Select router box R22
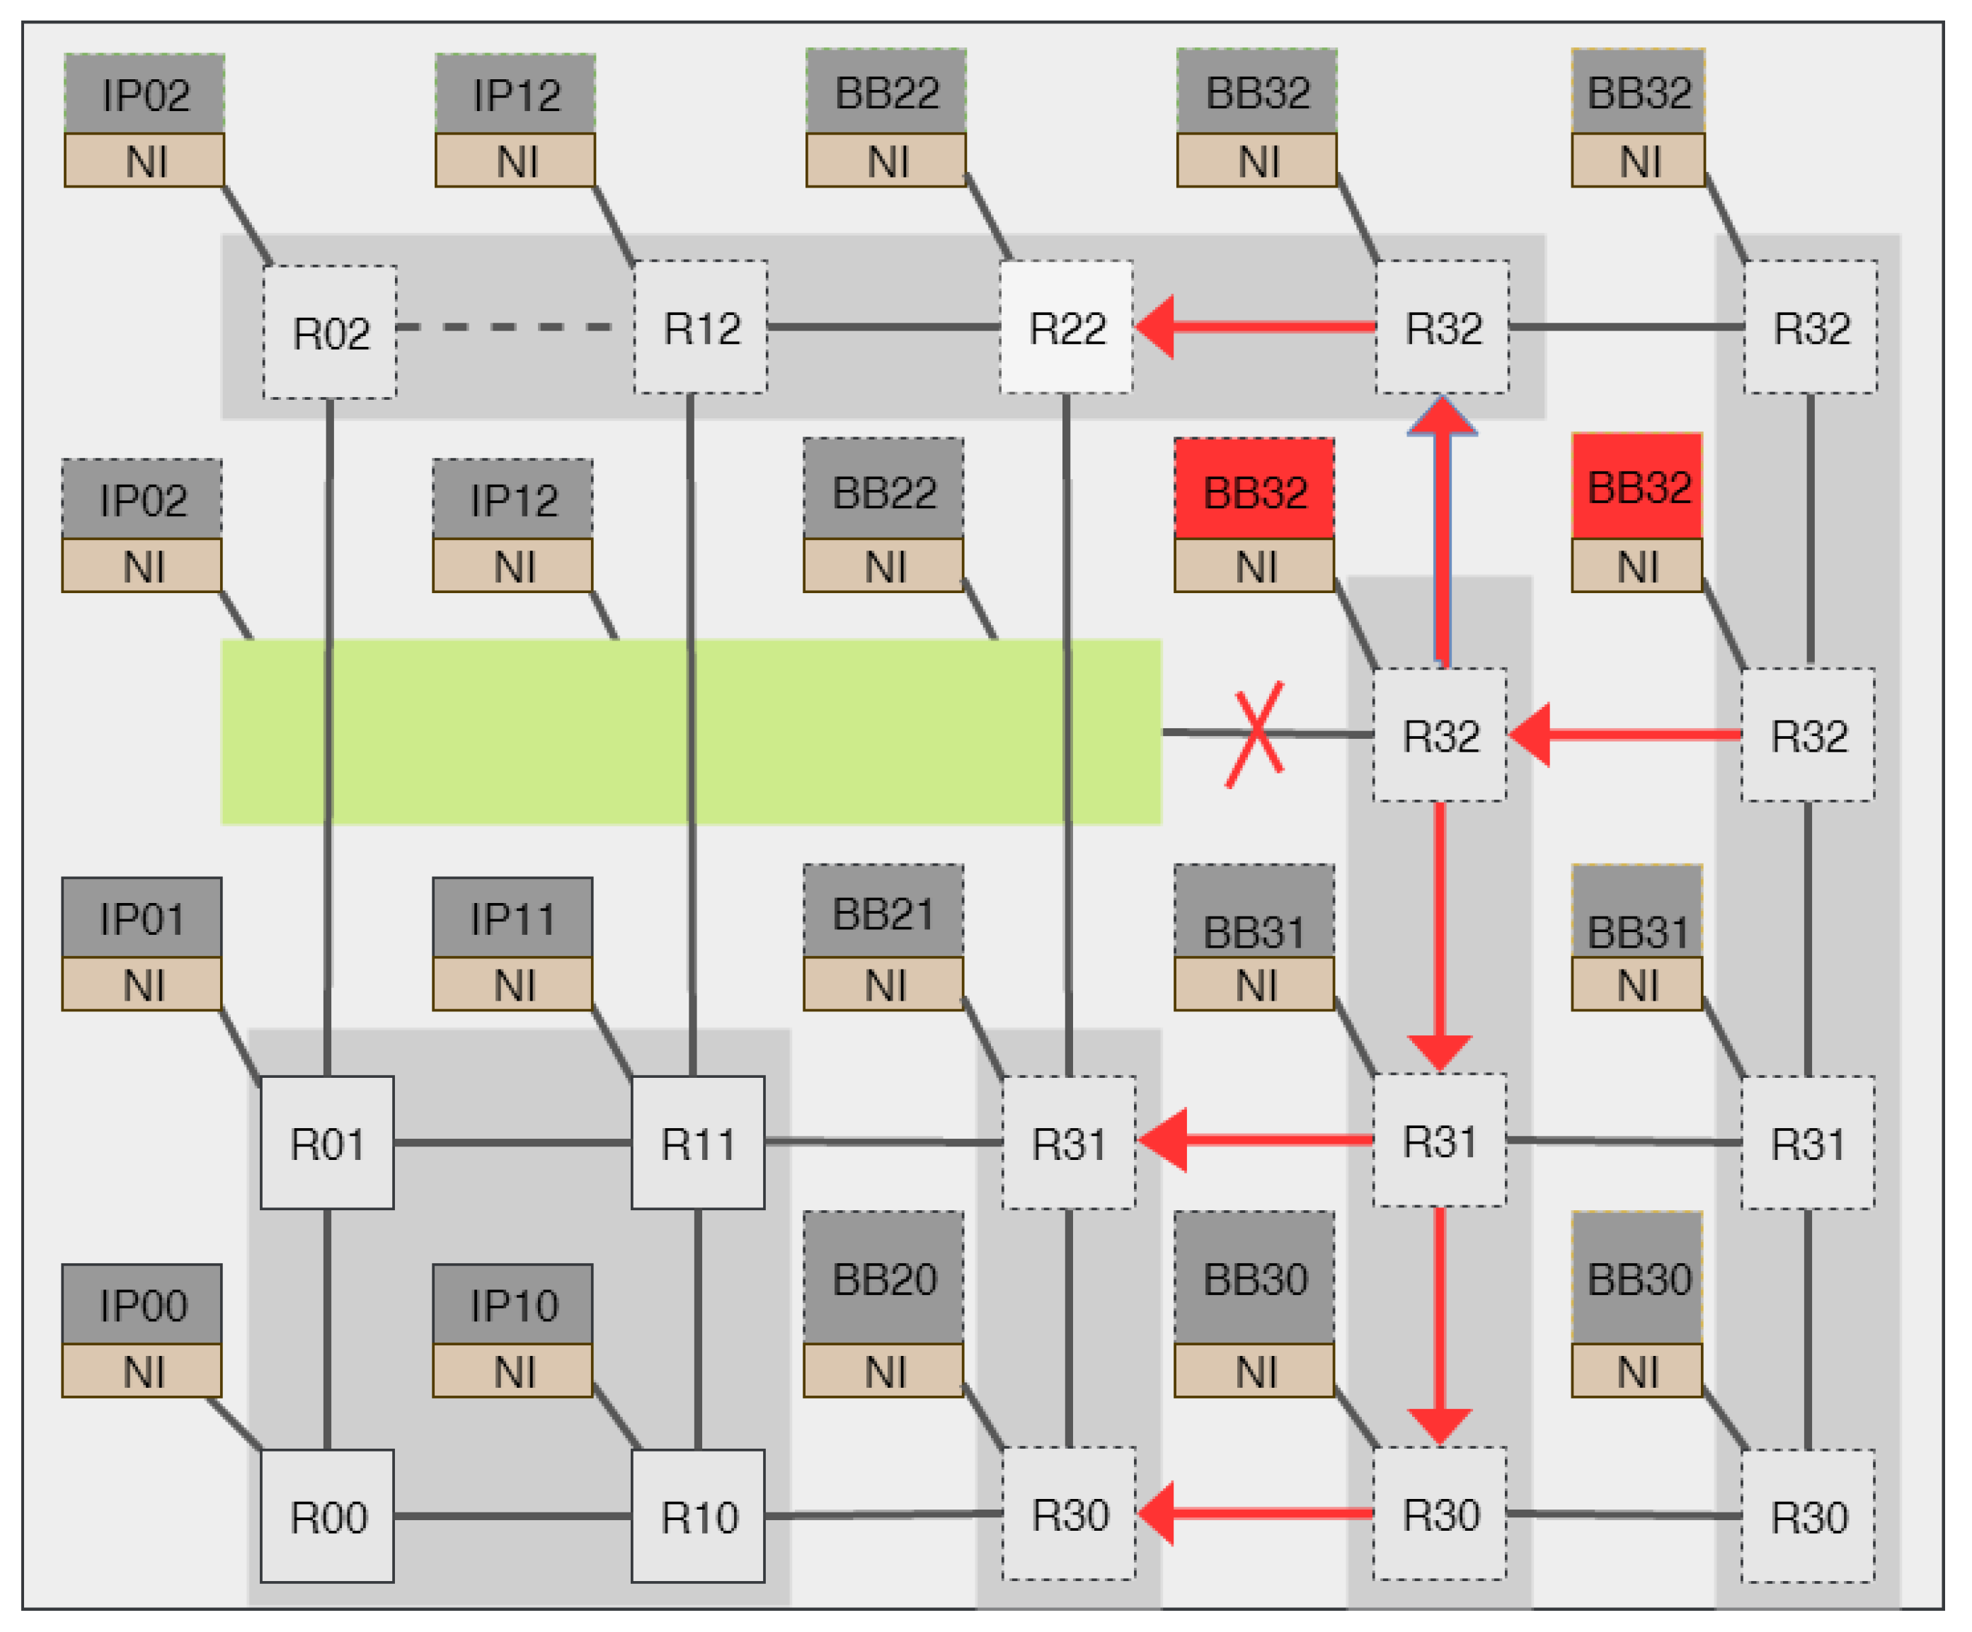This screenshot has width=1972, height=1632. [x=1066, y=327]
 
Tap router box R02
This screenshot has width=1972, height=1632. [x=330, y=331]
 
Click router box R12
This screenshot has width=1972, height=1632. [x=701, y=327]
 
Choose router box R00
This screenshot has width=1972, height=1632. [x=327, y=1517]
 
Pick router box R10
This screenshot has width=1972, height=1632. [x=698, y=1517]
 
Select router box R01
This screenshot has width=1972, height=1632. [x=327, y=1143]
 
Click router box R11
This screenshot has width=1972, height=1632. [x=698, y=1143]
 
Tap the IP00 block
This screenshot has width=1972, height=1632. [x=142, y=1304]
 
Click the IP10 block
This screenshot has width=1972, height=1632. [x=512, y=1304]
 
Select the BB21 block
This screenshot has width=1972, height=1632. [x=883, y=912]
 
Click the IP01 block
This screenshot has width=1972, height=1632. [x=142, y=917]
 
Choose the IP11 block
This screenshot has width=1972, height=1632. [x=512, y=917]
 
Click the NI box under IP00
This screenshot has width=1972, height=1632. [x=142, y=1371]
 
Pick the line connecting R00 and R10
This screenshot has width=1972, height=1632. [x=512, y=1515]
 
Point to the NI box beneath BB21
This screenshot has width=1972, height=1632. [x=883, y=984]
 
